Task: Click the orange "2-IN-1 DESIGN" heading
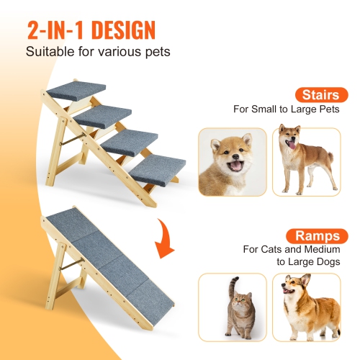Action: [91, 30]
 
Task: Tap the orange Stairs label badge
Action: [318, 94]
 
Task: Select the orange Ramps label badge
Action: [316, 235]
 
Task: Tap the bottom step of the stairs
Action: [156, 171]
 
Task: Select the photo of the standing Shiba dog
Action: [307, 161]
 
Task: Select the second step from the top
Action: [104, 114]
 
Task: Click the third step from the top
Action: [130, 140]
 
